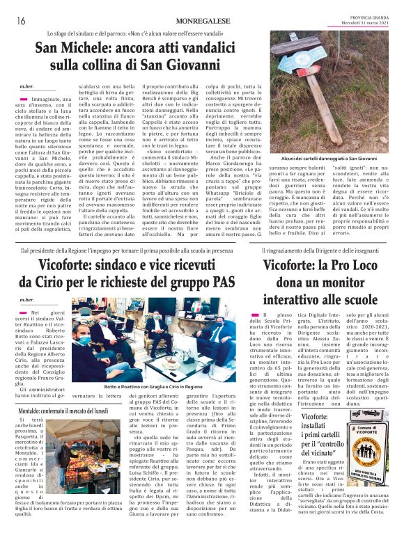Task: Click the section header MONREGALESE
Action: coord(201,21)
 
